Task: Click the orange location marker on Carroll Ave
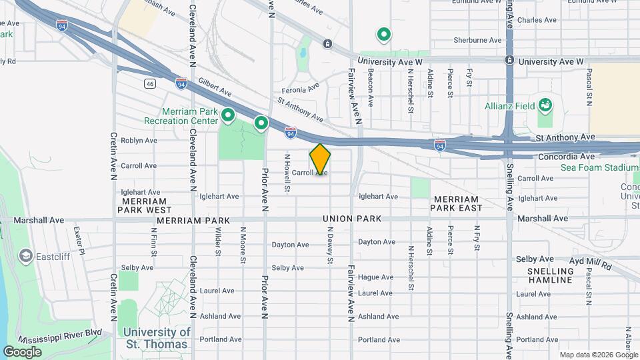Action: coord(320,159)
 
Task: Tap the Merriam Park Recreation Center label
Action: coord(181,116)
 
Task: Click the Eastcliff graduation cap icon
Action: coord(26,255)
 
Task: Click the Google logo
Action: coord(22,351)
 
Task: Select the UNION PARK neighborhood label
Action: coord(352,219)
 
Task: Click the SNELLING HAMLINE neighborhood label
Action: coord(551,275)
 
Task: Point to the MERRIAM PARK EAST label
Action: coord(456,204)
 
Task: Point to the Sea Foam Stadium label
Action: coord(599,167)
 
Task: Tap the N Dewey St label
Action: coord(329,245)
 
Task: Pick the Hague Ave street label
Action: coord(375,277)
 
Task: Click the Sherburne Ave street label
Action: coord(477,40)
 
